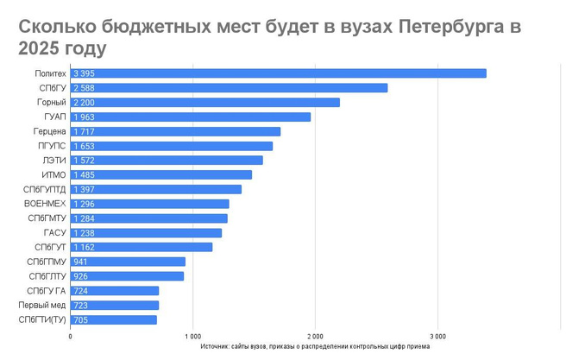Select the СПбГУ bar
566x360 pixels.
pos(229,88)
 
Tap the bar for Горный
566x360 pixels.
pos(204,102)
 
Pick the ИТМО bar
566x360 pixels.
pos(160,174)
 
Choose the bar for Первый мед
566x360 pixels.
pos(114,305)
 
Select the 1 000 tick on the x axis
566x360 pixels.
pos(192,336)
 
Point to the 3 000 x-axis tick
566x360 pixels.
pos(437,336)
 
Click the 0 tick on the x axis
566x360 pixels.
pos(70,336)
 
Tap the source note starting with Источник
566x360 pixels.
pos(314,346)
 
